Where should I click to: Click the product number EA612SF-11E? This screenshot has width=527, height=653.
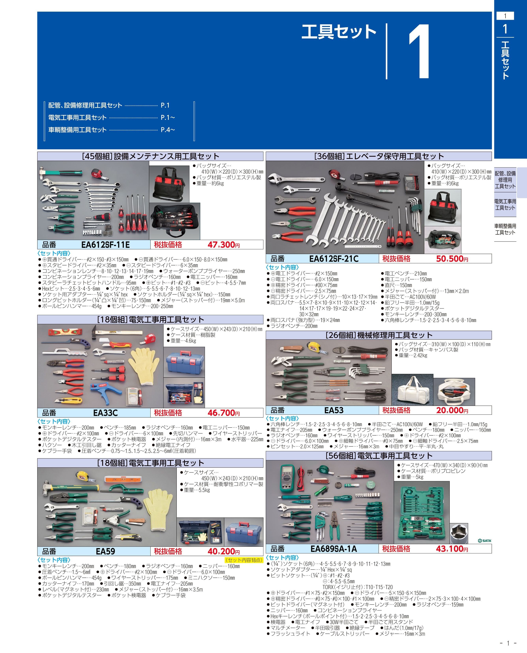click(x=105, y=245)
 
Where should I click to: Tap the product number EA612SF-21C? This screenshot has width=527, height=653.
click(x=334, y=259)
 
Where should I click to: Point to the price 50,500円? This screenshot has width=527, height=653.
click(x=452, y=259)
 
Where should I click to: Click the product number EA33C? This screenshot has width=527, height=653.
click(x=105, y=413)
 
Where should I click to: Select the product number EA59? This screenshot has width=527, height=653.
click(x=105, y=551)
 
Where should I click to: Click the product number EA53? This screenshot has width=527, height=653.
click(x=334, y=410)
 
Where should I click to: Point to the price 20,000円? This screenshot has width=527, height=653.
click(x=452, y=410)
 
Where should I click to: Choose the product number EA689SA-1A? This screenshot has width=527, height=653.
click(x=334, y=549)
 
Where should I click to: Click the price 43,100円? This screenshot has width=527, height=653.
click(x=452, y=549)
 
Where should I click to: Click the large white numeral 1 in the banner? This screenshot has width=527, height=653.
click(x=420, y=52)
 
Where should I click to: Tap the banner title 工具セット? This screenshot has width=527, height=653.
click(x=339, y=32)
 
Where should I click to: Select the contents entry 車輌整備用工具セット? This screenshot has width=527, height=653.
click(x=77, y=130)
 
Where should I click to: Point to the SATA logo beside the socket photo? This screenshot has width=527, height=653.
click(x=485, y=541)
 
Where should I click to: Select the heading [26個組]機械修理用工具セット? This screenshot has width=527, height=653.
click(x=379, y=335)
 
